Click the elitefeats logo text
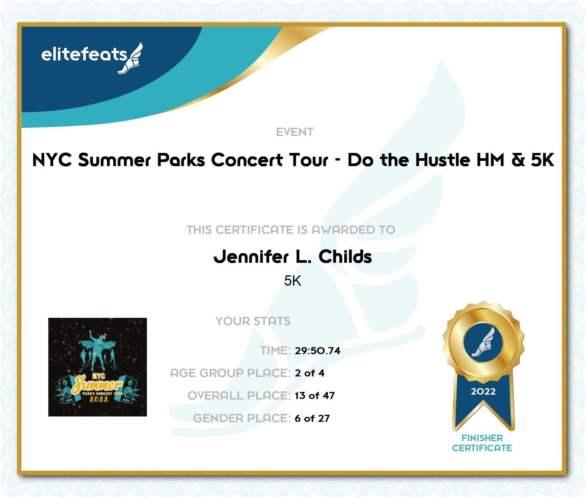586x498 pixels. pos(84,55)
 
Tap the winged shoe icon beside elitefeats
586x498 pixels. pos(131,58)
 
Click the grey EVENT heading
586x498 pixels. pos(295,132)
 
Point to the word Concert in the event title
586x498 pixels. pos(247,160)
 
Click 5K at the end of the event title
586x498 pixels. pos(542,160)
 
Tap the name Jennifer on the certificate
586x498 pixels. pos(251,257)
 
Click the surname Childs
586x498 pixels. pos(345,257)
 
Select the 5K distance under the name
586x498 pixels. pos(293,281)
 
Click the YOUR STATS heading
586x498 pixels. pos(253,321)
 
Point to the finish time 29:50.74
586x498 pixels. pos(317,351)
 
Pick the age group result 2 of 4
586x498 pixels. pos(310,373)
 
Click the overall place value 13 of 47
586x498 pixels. pos(315,396)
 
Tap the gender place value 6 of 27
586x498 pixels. pos(312,418)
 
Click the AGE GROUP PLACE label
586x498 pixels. pos(230,373)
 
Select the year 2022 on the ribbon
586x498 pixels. pos(483,391)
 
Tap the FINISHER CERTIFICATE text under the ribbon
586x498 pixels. pos(482,443)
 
